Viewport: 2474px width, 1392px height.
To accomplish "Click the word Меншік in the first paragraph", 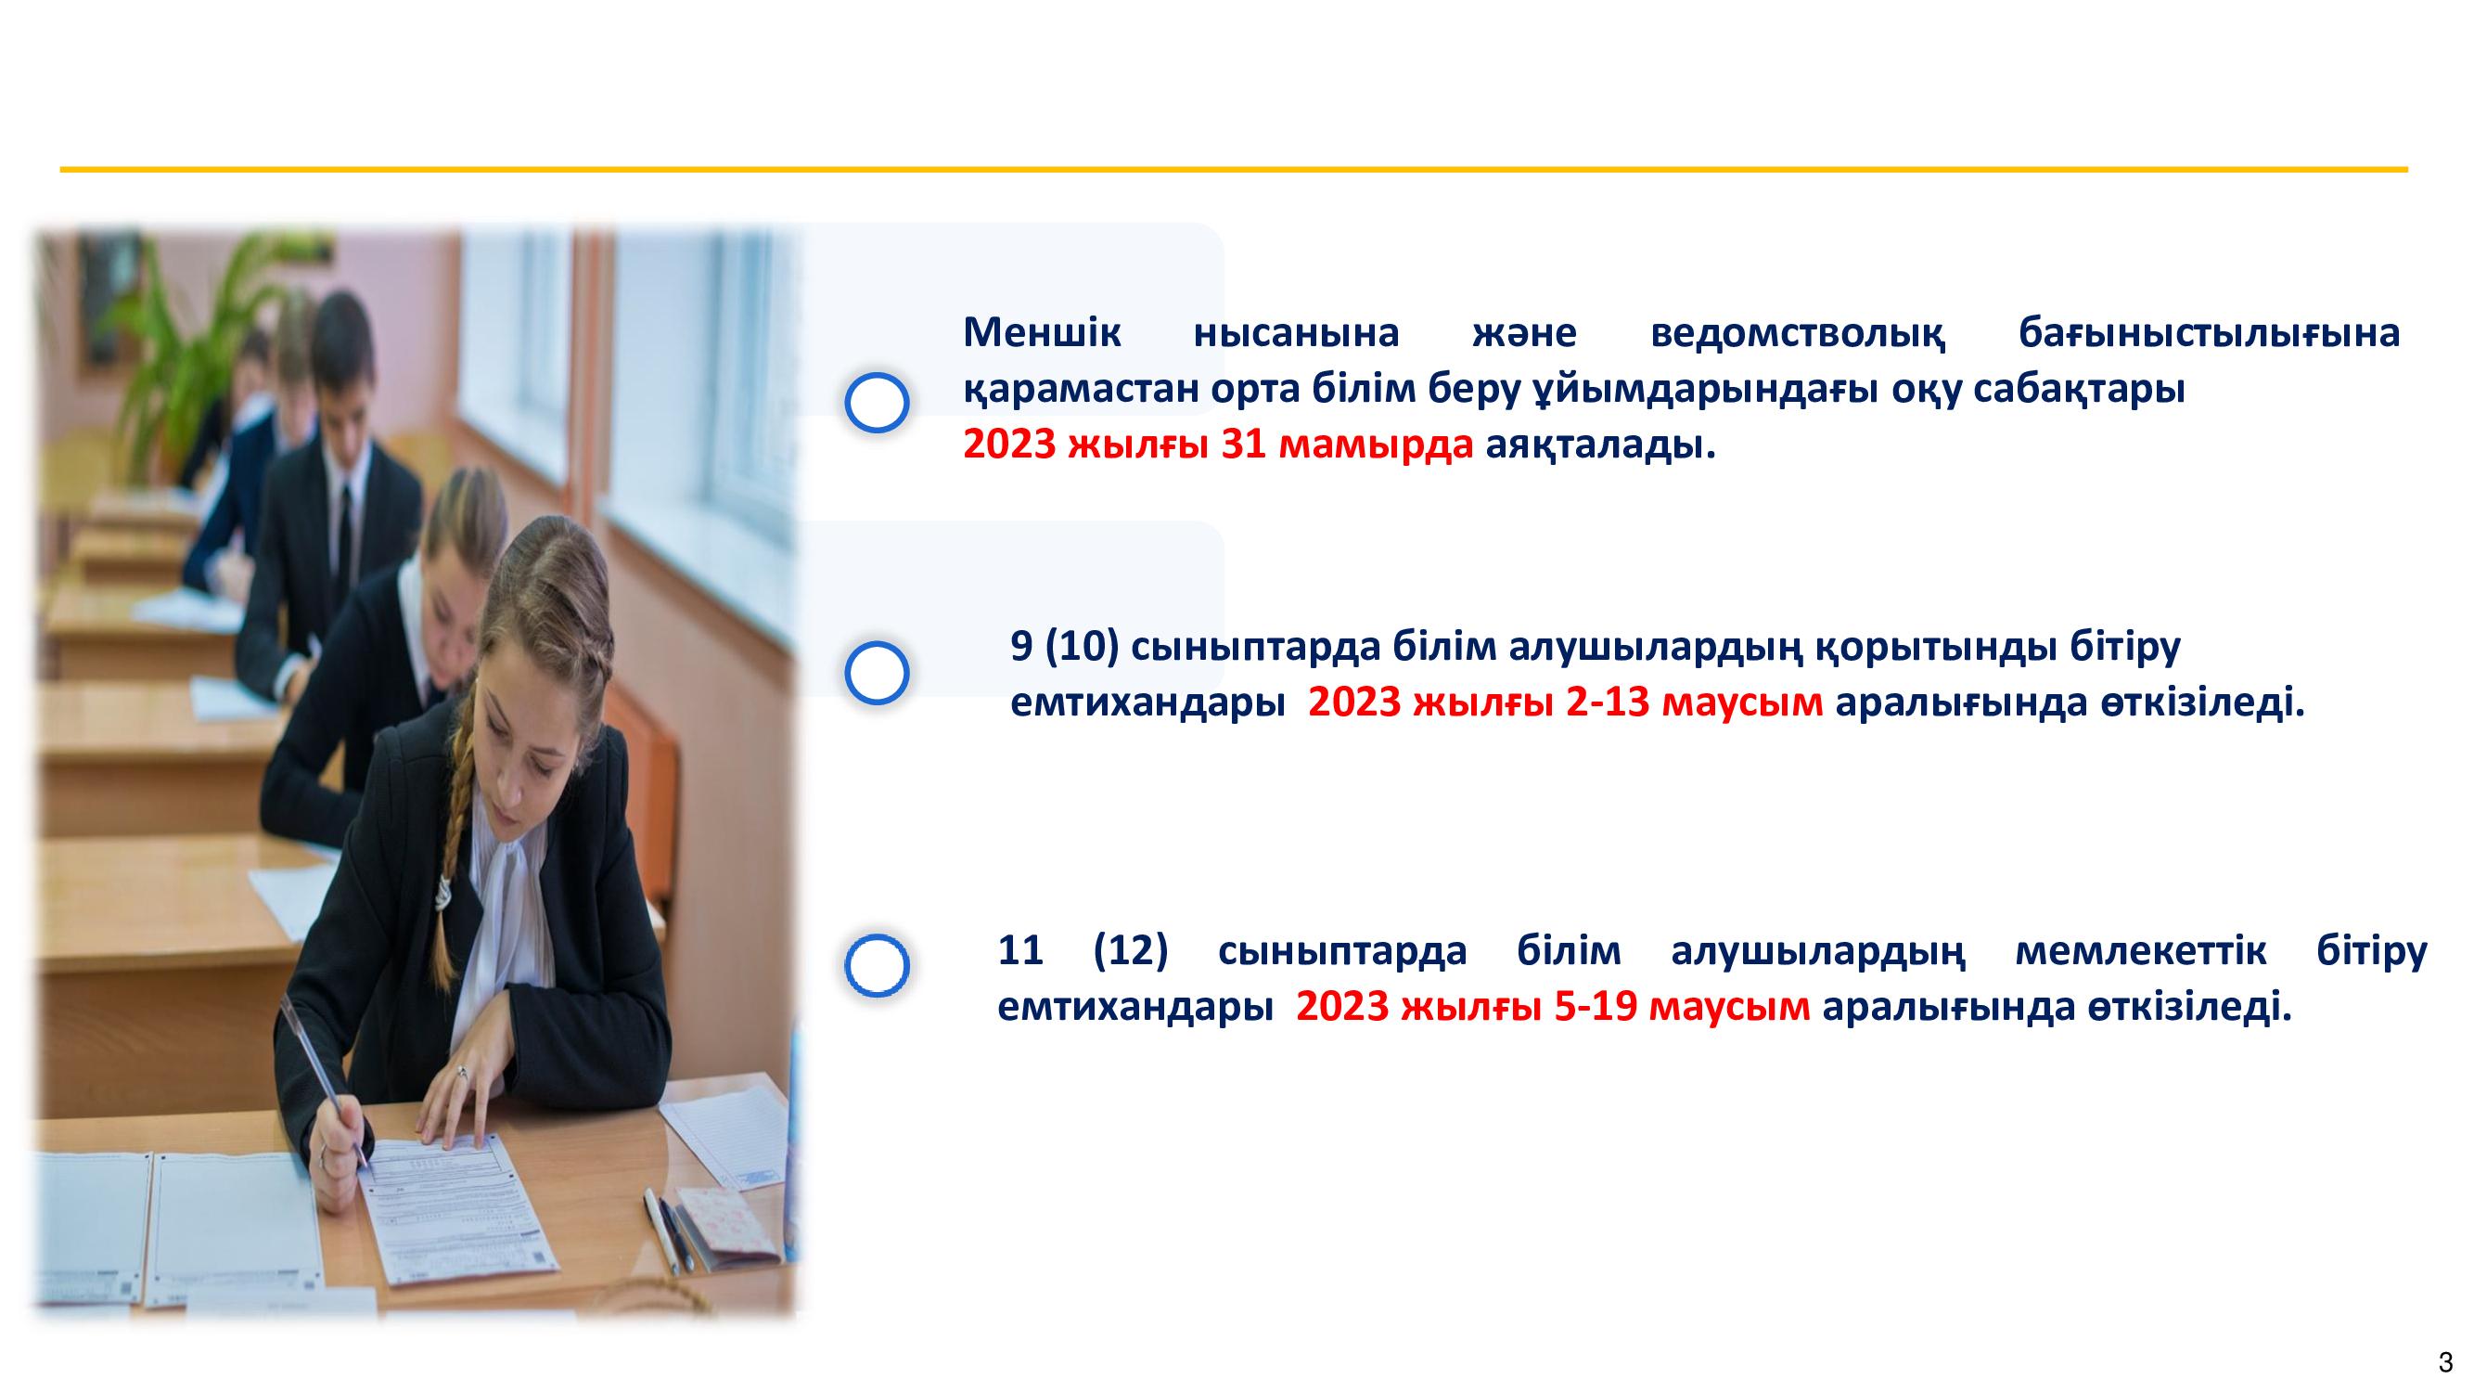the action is coord(1041,332).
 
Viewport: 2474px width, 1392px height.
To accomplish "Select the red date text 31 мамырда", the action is coord(1347,445).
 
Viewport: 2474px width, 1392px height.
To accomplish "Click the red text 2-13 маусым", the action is coord(1694,702).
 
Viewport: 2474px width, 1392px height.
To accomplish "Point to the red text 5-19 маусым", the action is coord(1682,1006).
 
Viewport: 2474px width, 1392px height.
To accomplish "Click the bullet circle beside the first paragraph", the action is coord(877,402).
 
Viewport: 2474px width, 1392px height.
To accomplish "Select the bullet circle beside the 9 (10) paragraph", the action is coord(877,673).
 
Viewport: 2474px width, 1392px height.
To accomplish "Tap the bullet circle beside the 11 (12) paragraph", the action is coord(877,963).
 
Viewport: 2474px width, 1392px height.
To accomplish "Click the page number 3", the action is coord(2445,1362).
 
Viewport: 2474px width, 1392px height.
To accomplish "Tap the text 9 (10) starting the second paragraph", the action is coord(1065,647).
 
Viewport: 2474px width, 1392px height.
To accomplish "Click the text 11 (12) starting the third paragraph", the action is coord(1083,950).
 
